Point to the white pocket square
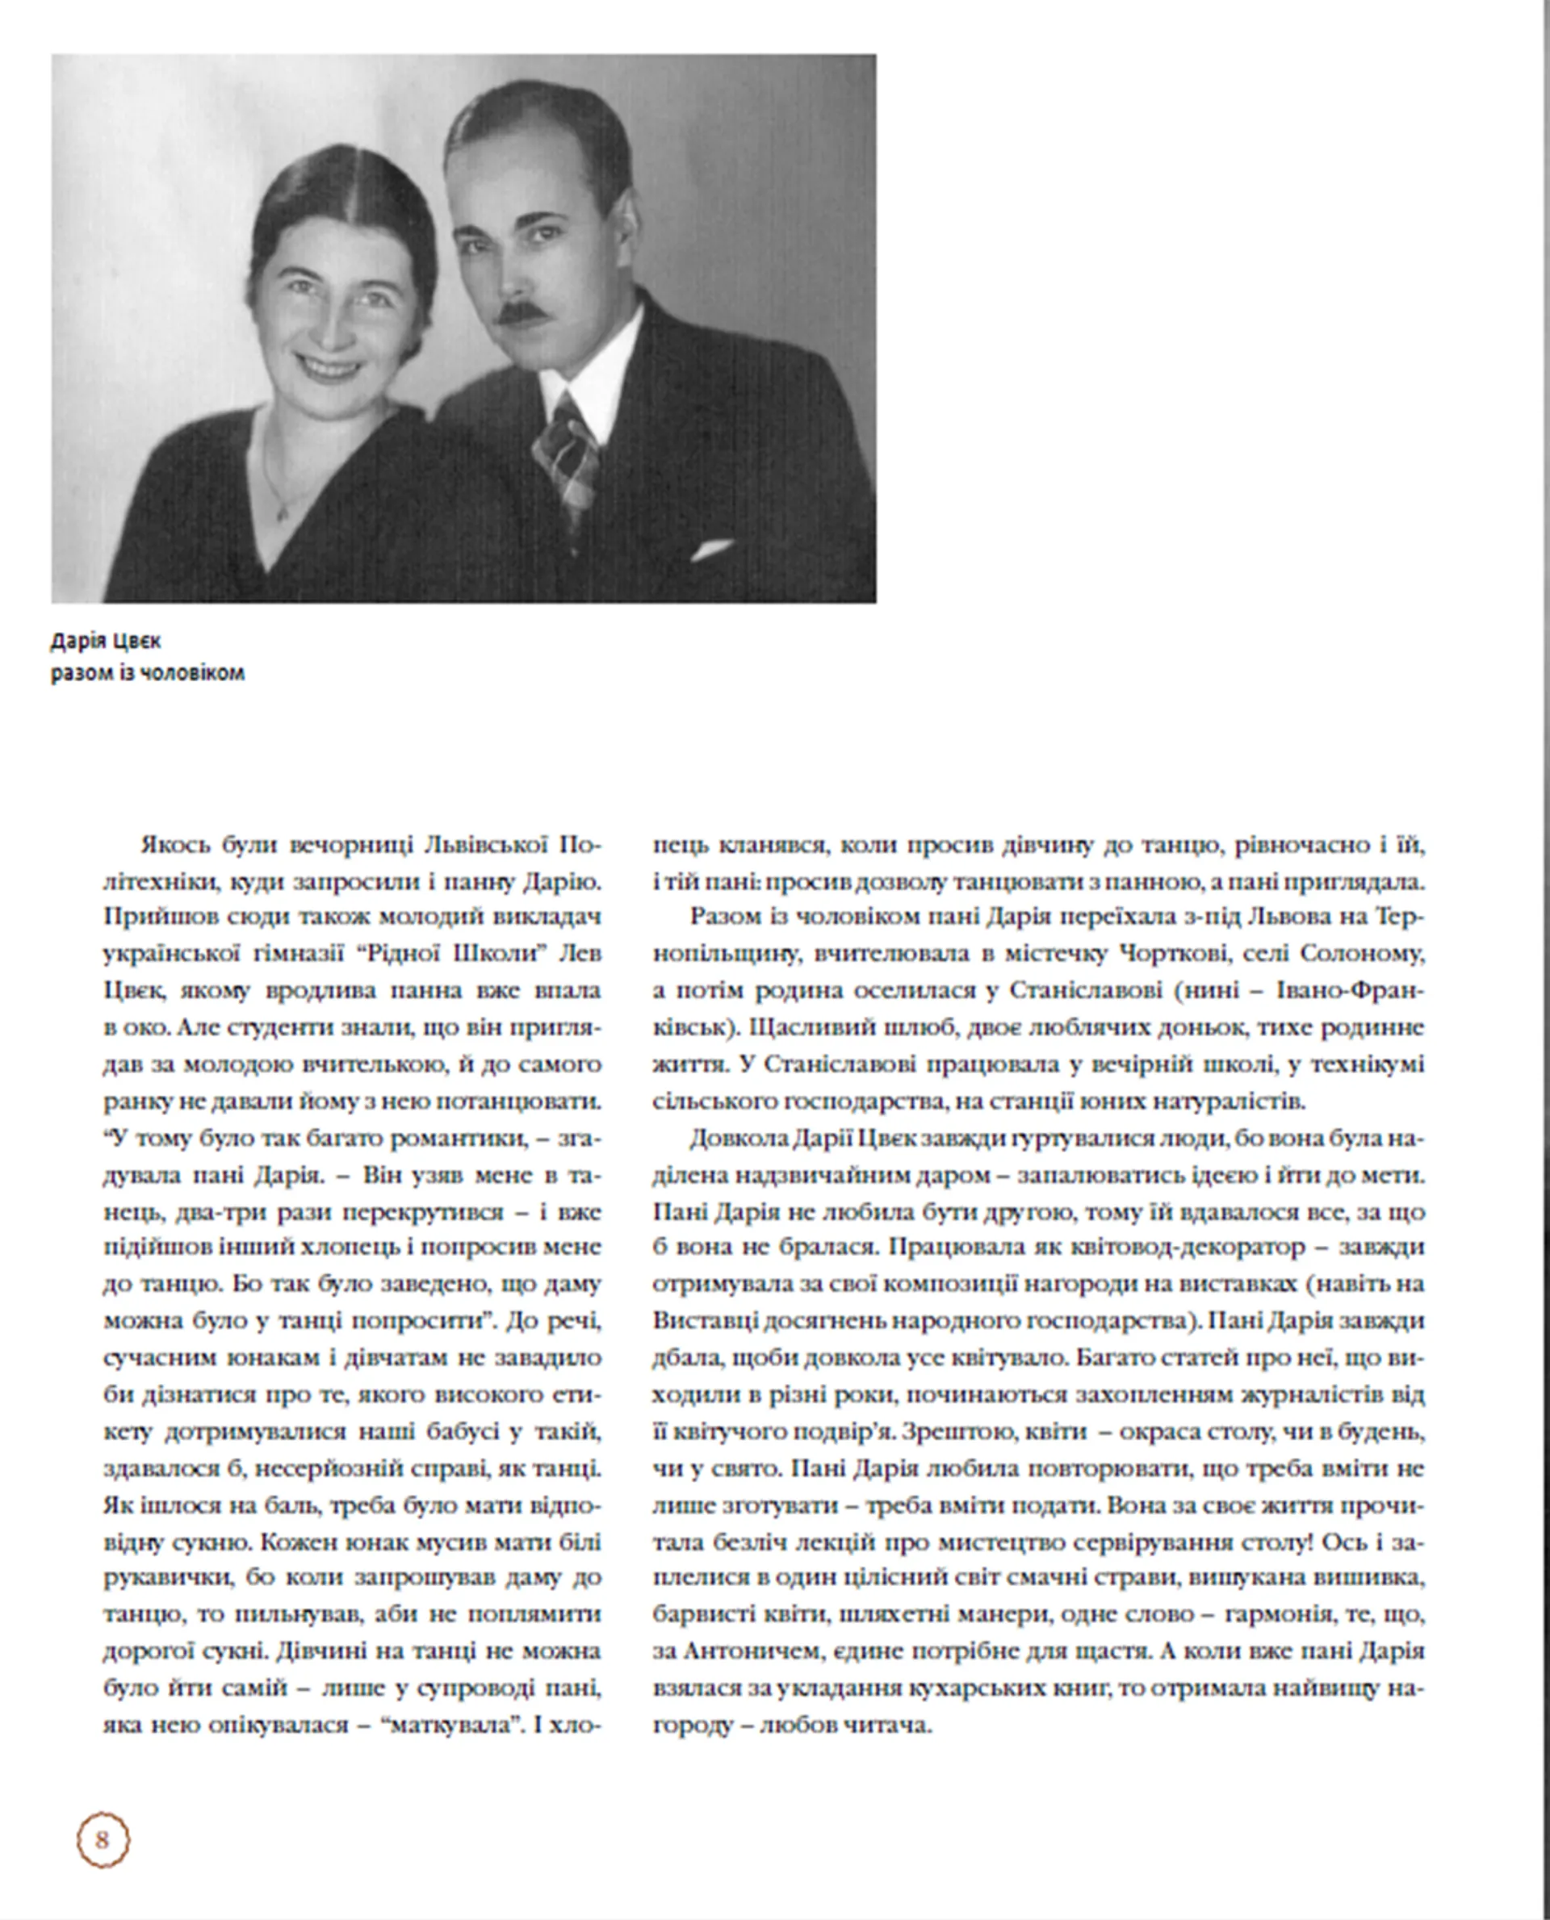click(x=711, y=549)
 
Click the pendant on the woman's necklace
click(x=282, y=513)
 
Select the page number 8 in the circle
click(x=102, y=1839)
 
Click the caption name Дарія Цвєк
click(x=106, y=641)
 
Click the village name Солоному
click(x=1364, y=953)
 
